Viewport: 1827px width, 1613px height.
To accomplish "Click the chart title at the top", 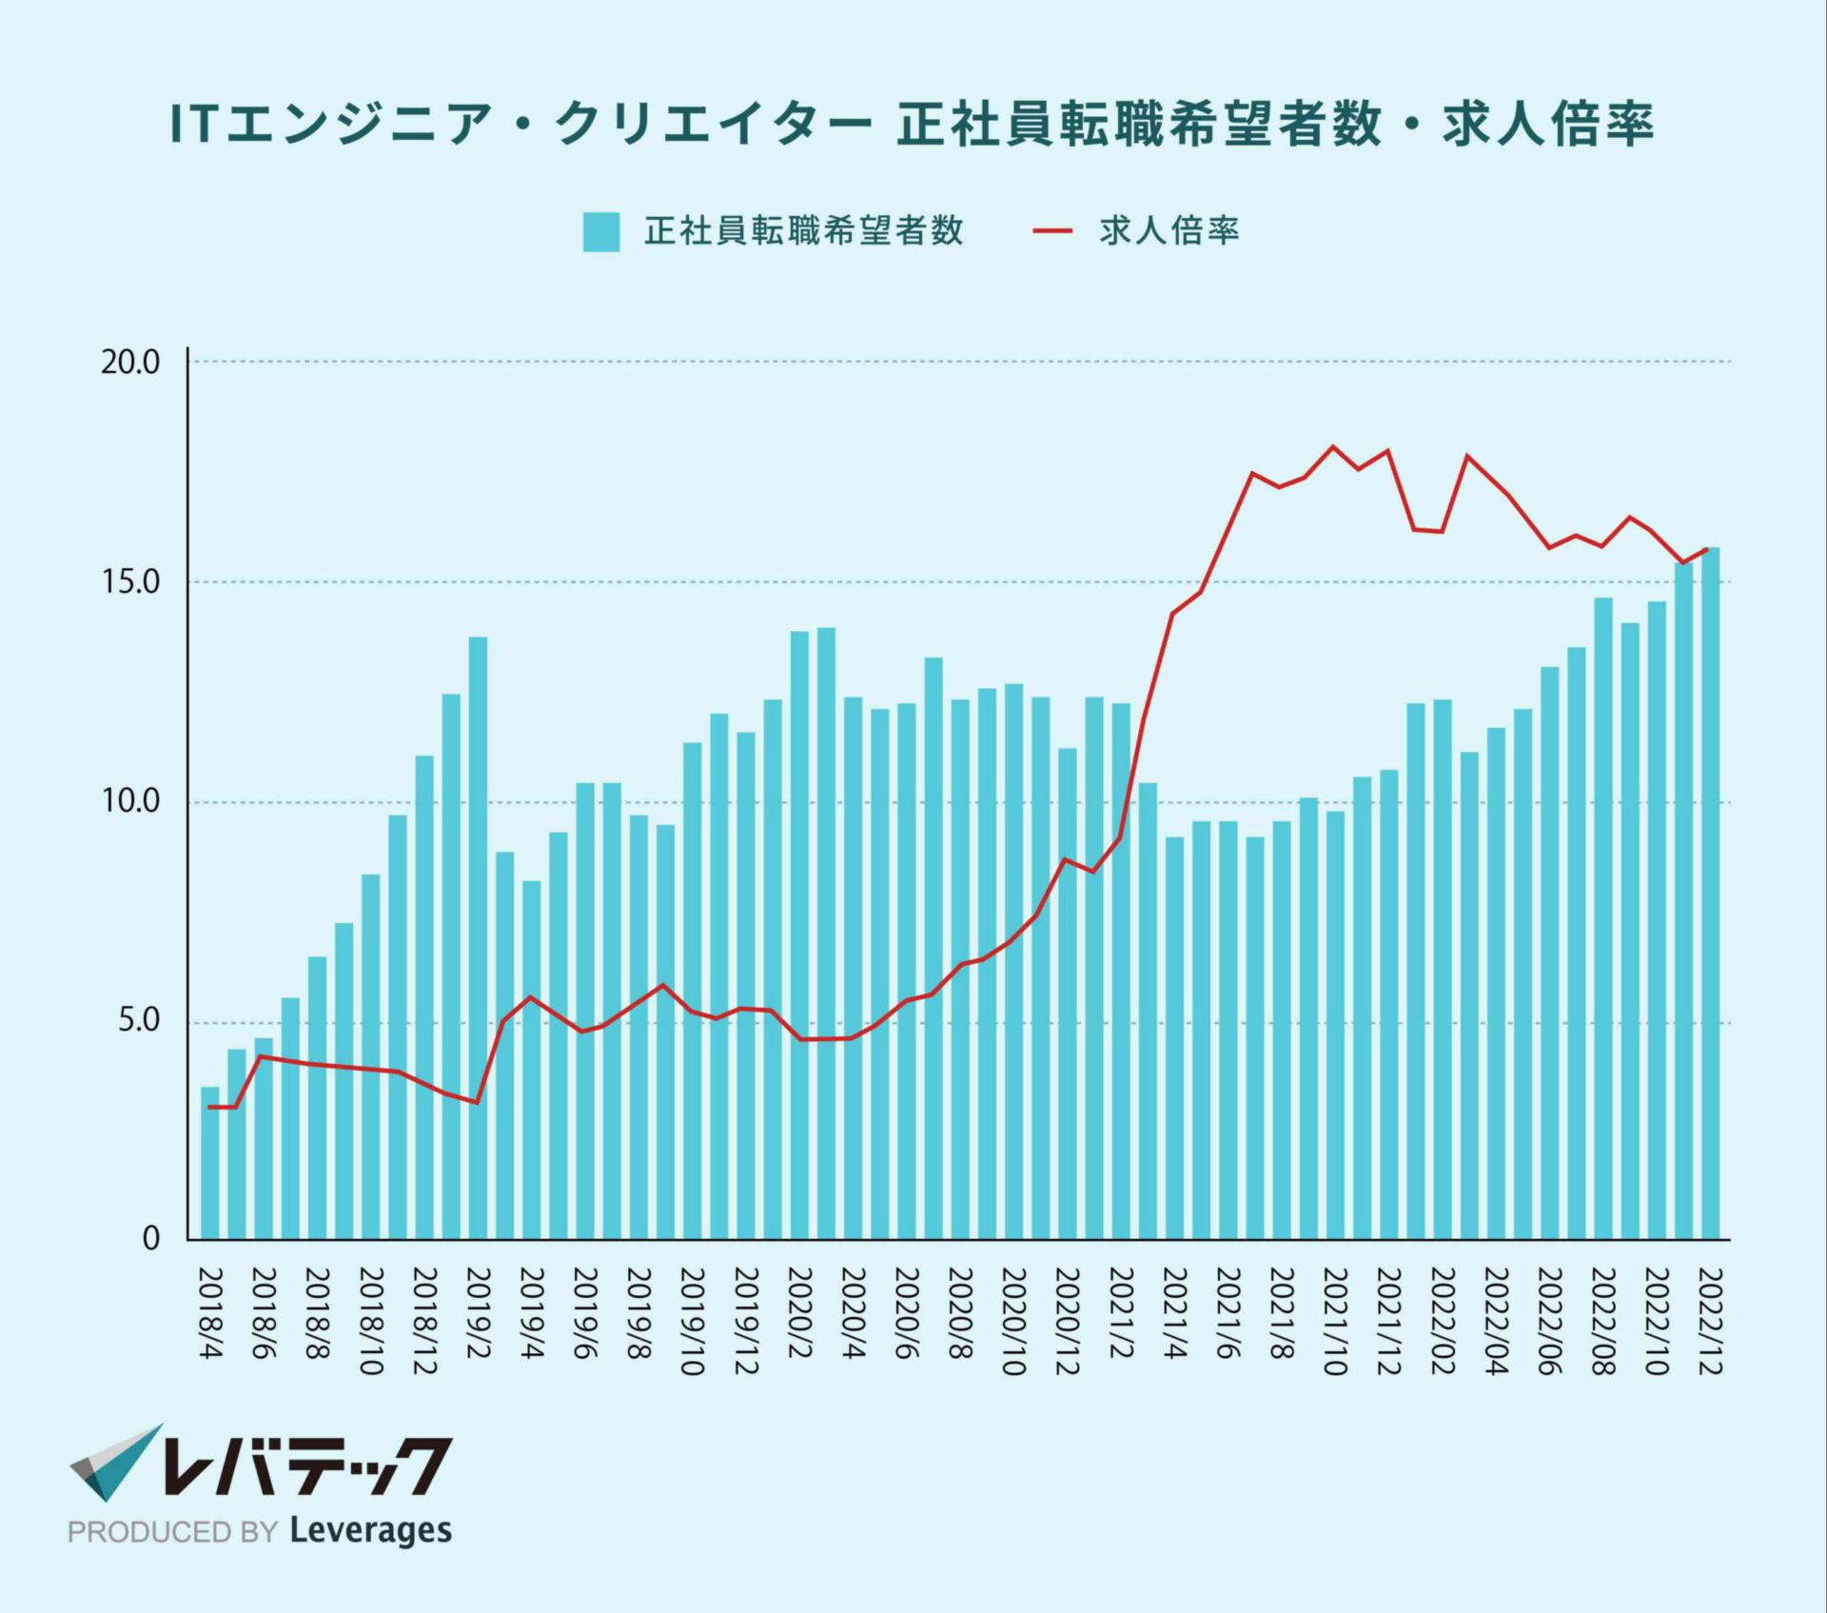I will tap(912, 125).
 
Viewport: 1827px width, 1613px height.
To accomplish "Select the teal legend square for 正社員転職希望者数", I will tap(601, 231).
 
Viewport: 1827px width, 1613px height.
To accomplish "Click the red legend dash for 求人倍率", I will tap(1052, 231).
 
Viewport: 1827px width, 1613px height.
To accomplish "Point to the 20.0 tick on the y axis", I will tap(130, 363).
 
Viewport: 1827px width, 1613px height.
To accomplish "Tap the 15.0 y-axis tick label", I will tap(130, 582).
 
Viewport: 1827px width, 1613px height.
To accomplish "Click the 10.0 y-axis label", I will tap(130, 801).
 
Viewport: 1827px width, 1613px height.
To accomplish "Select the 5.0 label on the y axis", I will tap(138, 1022).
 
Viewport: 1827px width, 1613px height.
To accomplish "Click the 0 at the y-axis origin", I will tap(150, 1239).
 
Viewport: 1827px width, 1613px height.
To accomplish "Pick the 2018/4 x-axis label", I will tap(210, 1312).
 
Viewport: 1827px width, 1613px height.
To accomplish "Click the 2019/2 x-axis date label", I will tap(478, 1312).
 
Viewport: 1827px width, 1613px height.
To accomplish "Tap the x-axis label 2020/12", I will tap(1067, 1321).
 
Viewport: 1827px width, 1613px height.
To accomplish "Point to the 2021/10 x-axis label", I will tap(1335, 1321).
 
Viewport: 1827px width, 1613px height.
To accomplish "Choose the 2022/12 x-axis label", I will tap(1711, 1321).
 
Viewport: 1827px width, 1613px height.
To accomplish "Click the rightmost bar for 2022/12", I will tap(1711, 895).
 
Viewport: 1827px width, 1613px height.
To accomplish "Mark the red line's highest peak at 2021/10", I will tap(1333, 446).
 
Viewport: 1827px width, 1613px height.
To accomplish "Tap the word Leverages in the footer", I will tap(370, 1531).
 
